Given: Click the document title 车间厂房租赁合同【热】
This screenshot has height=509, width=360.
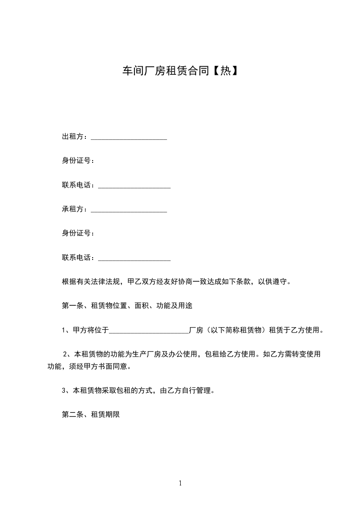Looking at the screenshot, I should click(180, 71).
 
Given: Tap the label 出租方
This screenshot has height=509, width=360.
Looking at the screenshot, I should click(73, 137).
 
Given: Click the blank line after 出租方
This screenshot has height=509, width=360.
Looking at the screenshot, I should click(129, 137).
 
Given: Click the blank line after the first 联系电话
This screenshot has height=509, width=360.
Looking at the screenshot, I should click(134, 186).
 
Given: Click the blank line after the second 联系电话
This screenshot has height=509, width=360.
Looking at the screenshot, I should click(134, 259).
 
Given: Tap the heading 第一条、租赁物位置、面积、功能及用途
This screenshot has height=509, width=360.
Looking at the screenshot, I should click(127, 306).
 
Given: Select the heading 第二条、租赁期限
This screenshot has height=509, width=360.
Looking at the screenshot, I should click(90, 414).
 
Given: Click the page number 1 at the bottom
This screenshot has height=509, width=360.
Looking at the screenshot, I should click(180, 483).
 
